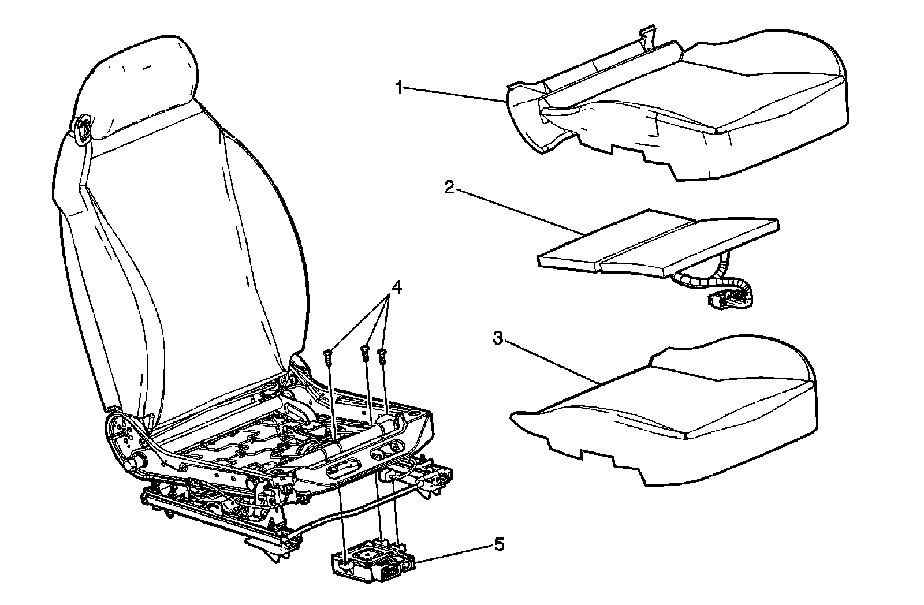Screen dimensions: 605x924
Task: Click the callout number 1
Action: click(x=399, y=88)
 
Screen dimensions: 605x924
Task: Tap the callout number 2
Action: click(x=448, y=188)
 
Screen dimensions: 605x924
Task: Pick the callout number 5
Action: click(x=498, y=544)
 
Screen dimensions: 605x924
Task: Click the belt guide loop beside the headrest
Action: click(x=82, y=128)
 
